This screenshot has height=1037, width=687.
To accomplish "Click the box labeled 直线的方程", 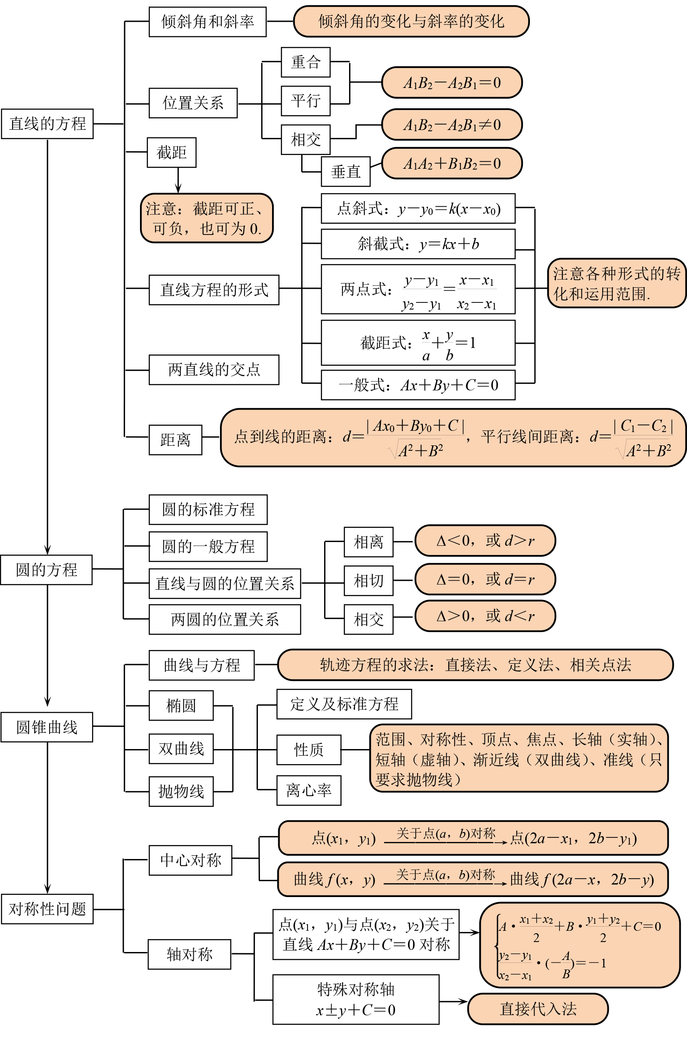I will click(47, 124).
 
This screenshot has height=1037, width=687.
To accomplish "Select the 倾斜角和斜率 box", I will click(207, 22).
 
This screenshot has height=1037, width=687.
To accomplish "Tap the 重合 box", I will click(305, 62).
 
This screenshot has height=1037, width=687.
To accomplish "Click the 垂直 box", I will click(346, 171).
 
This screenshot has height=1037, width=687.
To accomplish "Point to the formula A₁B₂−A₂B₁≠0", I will click(452, 125).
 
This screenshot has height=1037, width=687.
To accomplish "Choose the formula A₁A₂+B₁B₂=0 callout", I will click(452, 164).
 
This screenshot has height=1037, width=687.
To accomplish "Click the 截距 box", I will click(171, 152).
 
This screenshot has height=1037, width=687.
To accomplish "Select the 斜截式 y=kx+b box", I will click(418, 244).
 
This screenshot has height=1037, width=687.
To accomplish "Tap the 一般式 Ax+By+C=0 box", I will click(418, 385).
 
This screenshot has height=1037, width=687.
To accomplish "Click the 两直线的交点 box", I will click(214, 370).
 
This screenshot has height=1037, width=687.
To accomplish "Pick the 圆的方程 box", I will click(46, 570).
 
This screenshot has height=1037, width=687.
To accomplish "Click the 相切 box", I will click(368, 580).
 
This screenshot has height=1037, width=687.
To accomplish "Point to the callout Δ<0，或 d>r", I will click(485, 541).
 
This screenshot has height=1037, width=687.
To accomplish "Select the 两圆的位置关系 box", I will click(225, 620).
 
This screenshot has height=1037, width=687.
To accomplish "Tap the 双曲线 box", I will click(181, 749).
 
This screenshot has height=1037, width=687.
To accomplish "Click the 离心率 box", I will click(309, 790).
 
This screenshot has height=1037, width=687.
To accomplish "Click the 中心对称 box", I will click(190, 860).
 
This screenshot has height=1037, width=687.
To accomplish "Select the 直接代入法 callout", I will click(538, 1009).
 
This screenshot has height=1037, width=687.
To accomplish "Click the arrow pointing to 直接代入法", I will click(453, 1002).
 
